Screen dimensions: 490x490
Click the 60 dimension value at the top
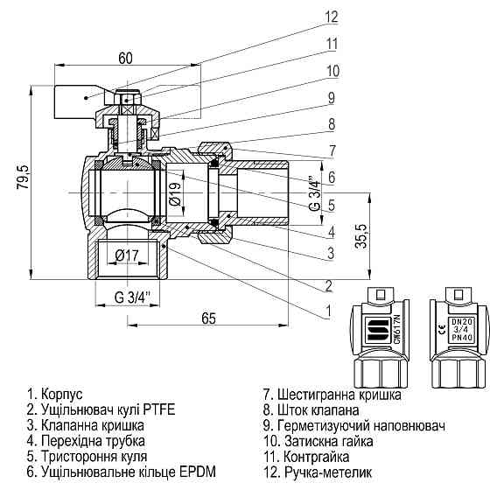(x=126, y=58)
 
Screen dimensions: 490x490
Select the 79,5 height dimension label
(x=23, y=177)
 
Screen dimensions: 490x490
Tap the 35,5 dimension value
(x=360, y=236)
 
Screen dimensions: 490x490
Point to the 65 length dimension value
(x=209, y=318)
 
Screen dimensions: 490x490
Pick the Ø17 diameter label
(x=127, y=255)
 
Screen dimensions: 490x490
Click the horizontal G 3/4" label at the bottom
(x=132, y=297)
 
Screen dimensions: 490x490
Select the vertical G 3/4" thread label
(x=316, y=194)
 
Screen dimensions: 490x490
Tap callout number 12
(x=332, y=17)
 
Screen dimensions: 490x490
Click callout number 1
(x=328, y=311)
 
